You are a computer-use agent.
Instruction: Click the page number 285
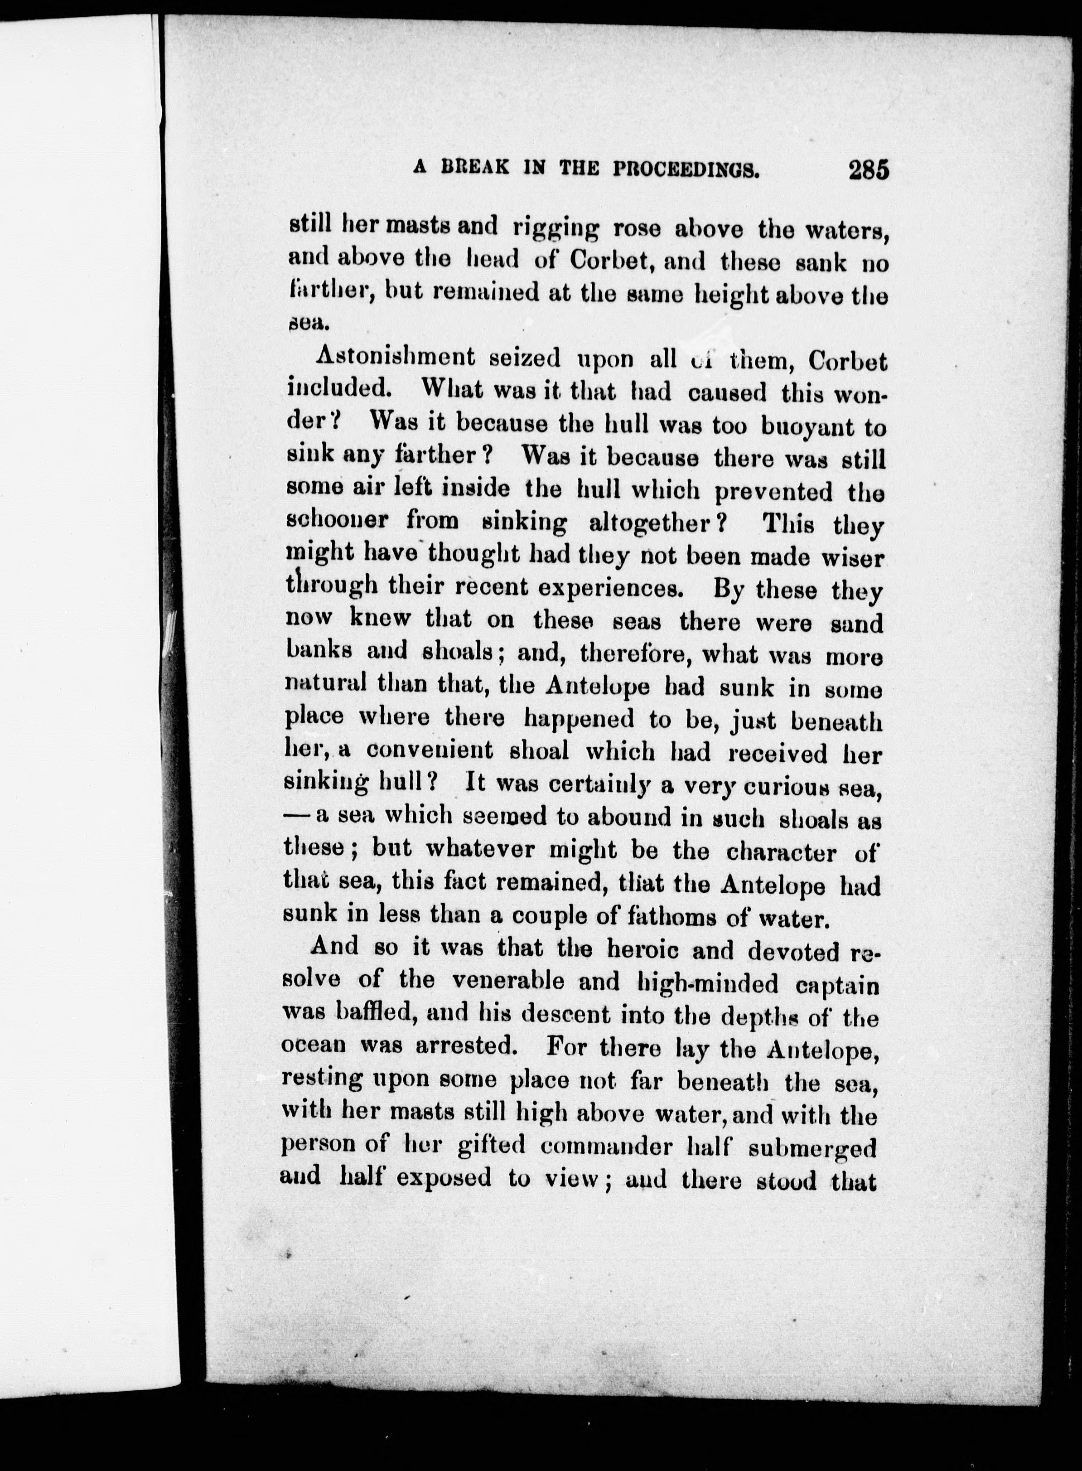pos(869,170)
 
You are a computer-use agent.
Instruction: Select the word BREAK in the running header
pos(476,168)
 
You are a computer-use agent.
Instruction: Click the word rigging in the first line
pos(556,229)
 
